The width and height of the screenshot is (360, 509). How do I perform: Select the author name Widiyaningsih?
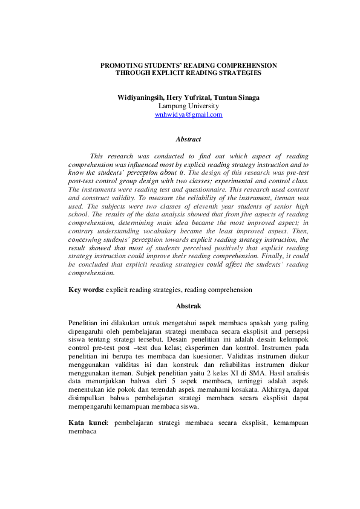(139, 97)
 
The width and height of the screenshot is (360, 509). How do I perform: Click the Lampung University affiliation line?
(188, 106)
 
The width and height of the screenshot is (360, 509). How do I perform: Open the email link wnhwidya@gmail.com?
(188, 114)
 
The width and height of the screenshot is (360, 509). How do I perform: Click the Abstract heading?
(188, 140)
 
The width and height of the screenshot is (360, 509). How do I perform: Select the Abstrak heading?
(188, 306)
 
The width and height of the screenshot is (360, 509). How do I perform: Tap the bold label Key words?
(85, 290)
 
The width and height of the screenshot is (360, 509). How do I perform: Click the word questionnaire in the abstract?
(186, 190)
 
